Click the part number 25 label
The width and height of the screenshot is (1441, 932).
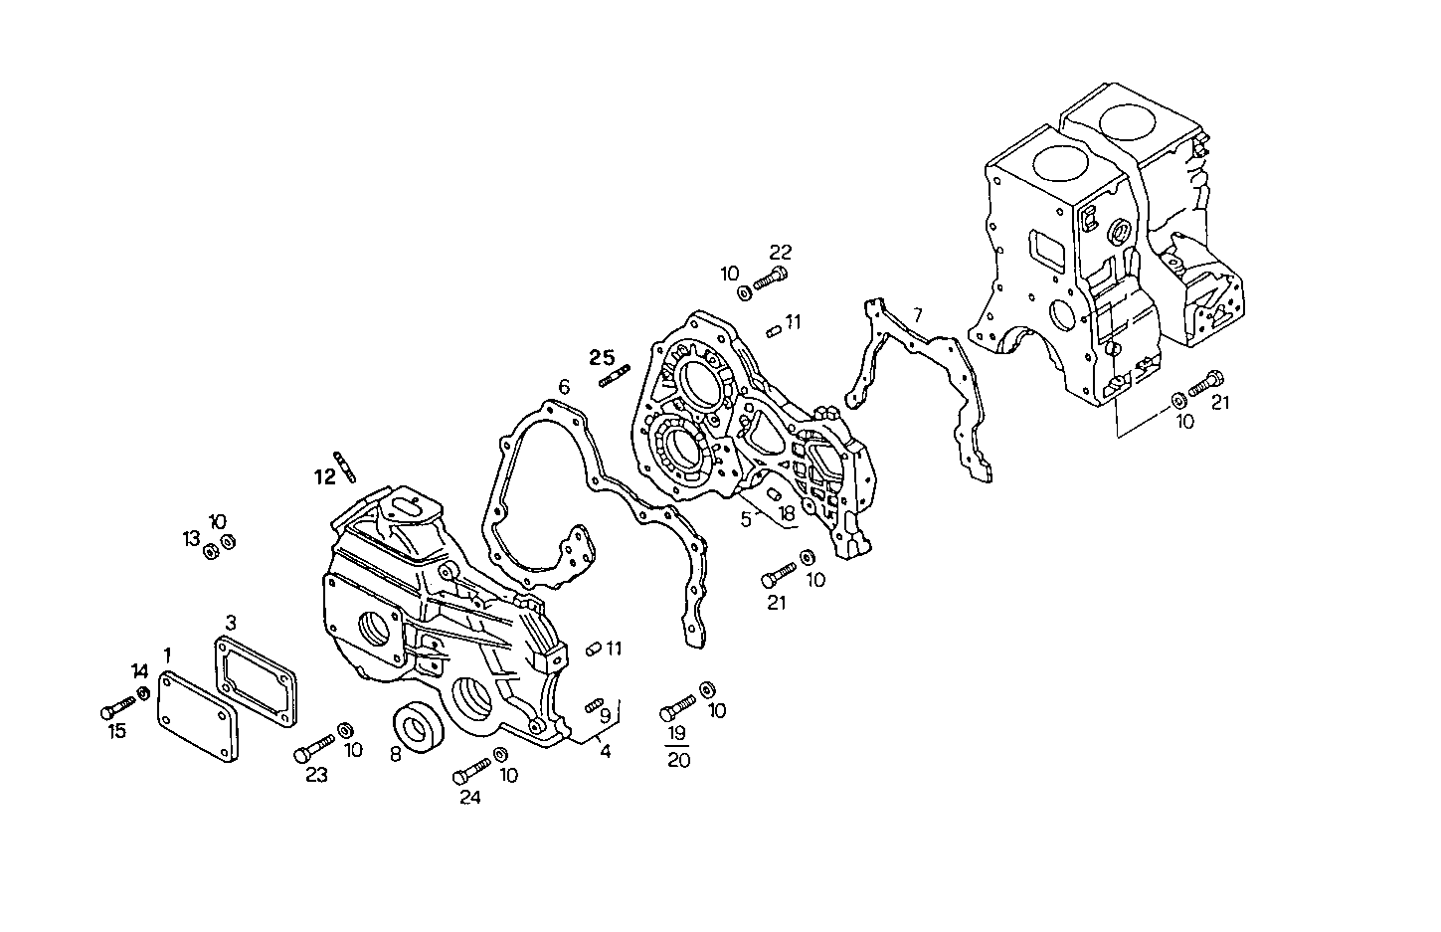click(602, 357)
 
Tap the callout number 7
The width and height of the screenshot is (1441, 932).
click(916, 314)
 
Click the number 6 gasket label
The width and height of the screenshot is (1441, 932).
click(563, 386)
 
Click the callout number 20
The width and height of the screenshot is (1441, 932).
click(679, 760)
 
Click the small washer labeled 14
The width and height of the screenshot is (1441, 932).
click(143, 692)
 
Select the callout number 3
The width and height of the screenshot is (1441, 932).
click(231, 623)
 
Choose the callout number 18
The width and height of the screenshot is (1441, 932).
click(787, 514)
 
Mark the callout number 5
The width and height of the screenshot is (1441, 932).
click(746, 518)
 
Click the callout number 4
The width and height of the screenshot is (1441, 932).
click(605, 751)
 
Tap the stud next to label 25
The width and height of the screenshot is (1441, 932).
click(614, 376)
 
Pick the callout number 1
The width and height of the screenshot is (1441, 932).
click(168, 654)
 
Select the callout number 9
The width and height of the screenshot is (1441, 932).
click(605, 713)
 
